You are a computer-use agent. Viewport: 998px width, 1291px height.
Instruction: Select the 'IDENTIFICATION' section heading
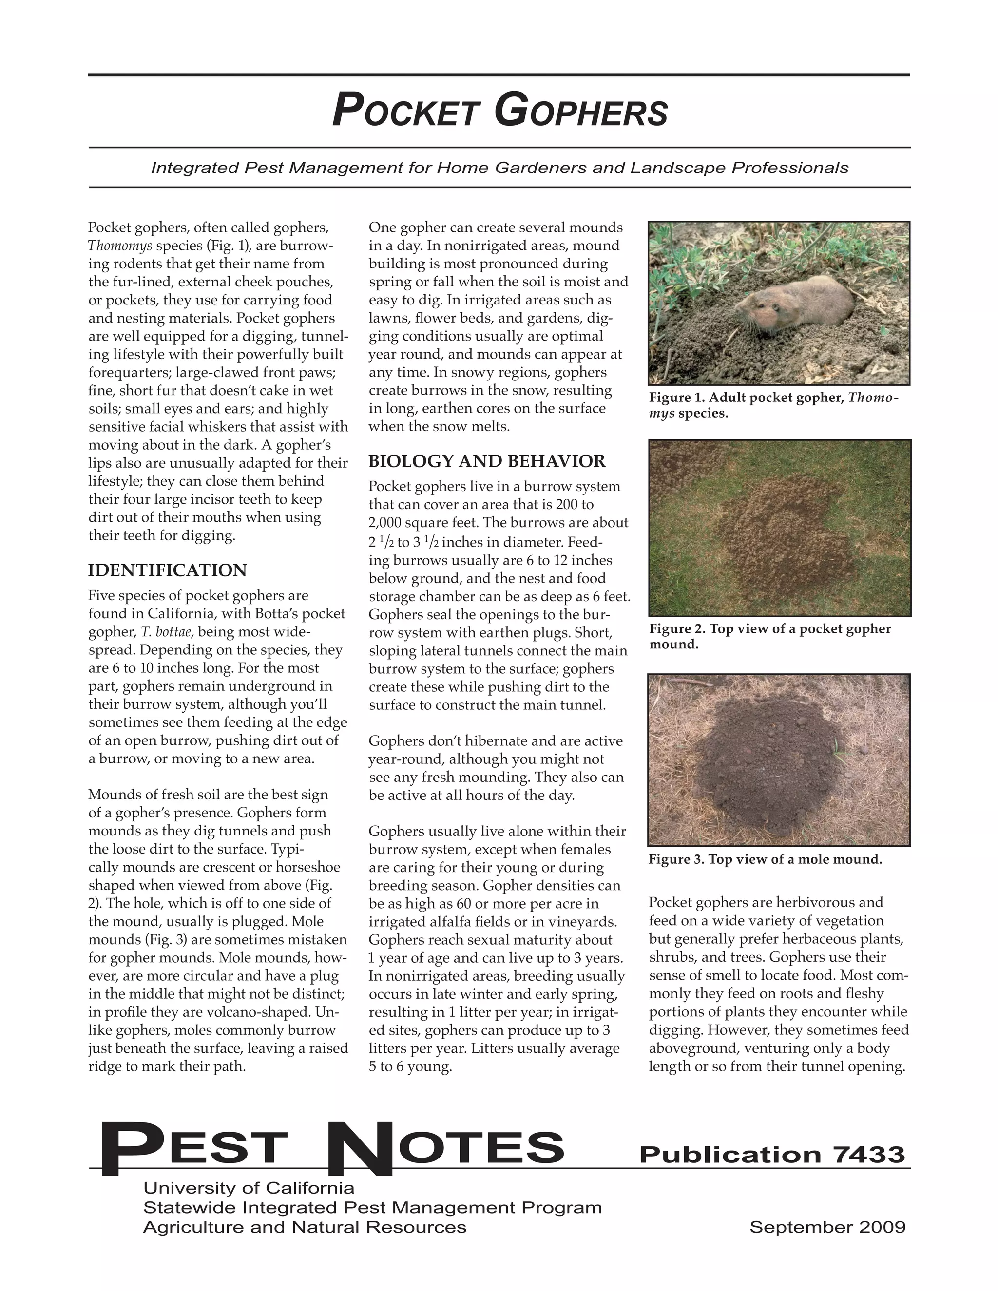pos(167,570)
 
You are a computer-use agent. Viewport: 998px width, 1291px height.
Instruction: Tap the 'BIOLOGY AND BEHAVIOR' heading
pos(487,461)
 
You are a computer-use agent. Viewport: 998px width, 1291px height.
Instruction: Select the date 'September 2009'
pos(827,1227)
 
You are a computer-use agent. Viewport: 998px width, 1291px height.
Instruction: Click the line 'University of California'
pos(249,1188)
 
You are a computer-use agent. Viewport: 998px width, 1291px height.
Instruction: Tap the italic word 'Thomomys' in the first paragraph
pos(120,246)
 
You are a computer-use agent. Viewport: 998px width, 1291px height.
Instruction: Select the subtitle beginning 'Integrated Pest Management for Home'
pos(499,168)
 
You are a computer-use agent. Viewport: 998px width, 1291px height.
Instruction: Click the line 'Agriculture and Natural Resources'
pos(305,1227)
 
